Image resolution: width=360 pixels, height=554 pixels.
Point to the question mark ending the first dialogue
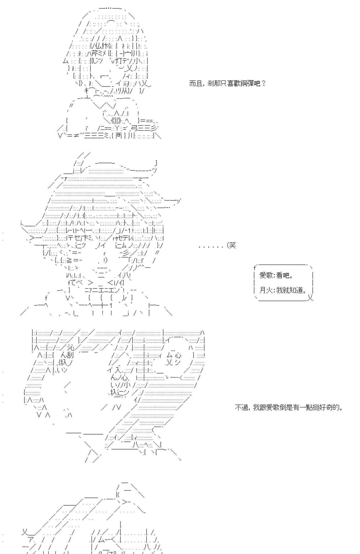263,83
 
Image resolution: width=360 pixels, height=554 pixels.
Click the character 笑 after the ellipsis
233,245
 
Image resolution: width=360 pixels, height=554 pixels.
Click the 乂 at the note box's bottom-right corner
310,298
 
